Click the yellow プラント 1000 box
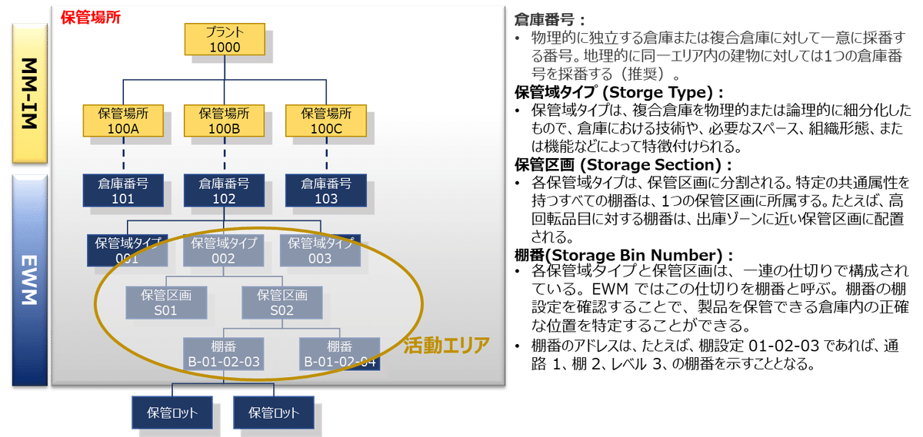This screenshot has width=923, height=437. (225, 39)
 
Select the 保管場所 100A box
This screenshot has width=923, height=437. (123, 121)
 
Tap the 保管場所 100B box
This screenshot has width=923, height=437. (225, 121)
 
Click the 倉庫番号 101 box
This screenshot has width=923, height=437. (123, 191)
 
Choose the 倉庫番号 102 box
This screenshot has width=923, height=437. (225, 191)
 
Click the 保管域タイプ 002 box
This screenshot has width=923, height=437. (223, 250)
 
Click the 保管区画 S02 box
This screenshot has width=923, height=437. (282, 303)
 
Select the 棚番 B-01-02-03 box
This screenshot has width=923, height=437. (224, 354)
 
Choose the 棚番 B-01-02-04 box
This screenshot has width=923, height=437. (340, 354)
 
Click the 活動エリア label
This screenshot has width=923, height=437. (446, 345)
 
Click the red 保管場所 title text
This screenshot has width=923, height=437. (89, 17)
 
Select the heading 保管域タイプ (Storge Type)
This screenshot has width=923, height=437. (619, 91)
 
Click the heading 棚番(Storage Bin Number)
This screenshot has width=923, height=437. (624, 254)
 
